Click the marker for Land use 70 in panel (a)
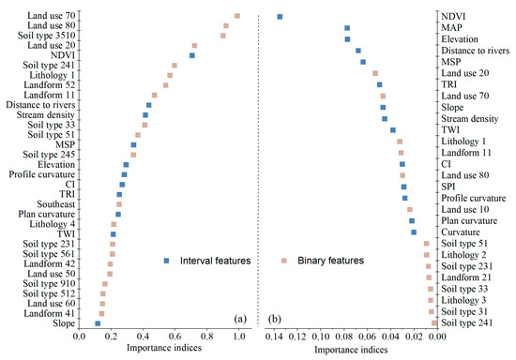tap(237, 15)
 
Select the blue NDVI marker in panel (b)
tap(280, 17)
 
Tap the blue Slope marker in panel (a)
tap(98, 323)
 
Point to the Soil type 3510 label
tap(46, 36)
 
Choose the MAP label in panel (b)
tap(454, 28)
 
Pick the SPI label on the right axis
tap(450, 187)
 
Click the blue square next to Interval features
tap(164, 259)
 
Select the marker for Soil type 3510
tap(223, 36)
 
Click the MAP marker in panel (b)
tap(347, 28)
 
